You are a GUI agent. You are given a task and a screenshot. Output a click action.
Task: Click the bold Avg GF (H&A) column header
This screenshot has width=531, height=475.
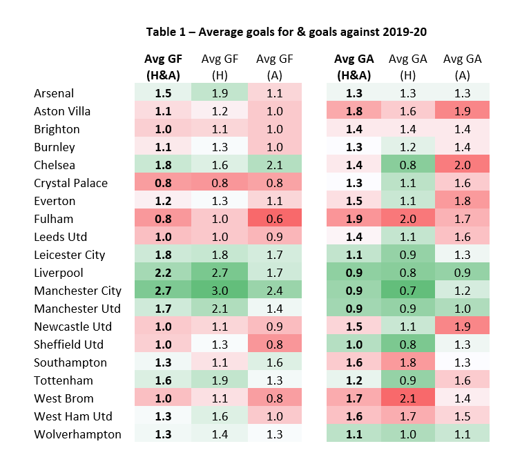tap(162, 67)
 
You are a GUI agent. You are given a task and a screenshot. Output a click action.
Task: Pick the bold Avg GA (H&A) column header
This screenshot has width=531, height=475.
tap(353, 67)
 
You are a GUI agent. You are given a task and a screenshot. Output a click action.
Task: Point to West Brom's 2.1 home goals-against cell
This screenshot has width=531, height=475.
tap(407, 398)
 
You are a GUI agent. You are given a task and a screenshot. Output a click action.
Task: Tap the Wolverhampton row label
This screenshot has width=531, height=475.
tap(77, 434)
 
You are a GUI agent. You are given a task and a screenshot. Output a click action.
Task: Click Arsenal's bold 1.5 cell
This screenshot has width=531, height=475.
tap(163, 93)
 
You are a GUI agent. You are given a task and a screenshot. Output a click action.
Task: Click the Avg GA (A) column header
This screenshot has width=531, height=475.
tap(462, 67)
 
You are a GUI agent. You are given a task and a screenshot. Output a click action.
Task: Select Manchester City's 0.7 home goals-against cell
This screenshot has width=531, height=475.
tap(407, 291)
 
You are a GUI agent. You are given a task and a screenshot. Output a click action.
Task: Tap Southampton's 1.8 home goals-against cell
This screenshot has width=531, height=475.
tap(407, 362)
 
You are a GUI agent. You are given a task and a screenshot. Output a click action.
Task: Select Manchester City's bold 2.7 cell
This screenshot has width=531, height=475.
tap(163, 291)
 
